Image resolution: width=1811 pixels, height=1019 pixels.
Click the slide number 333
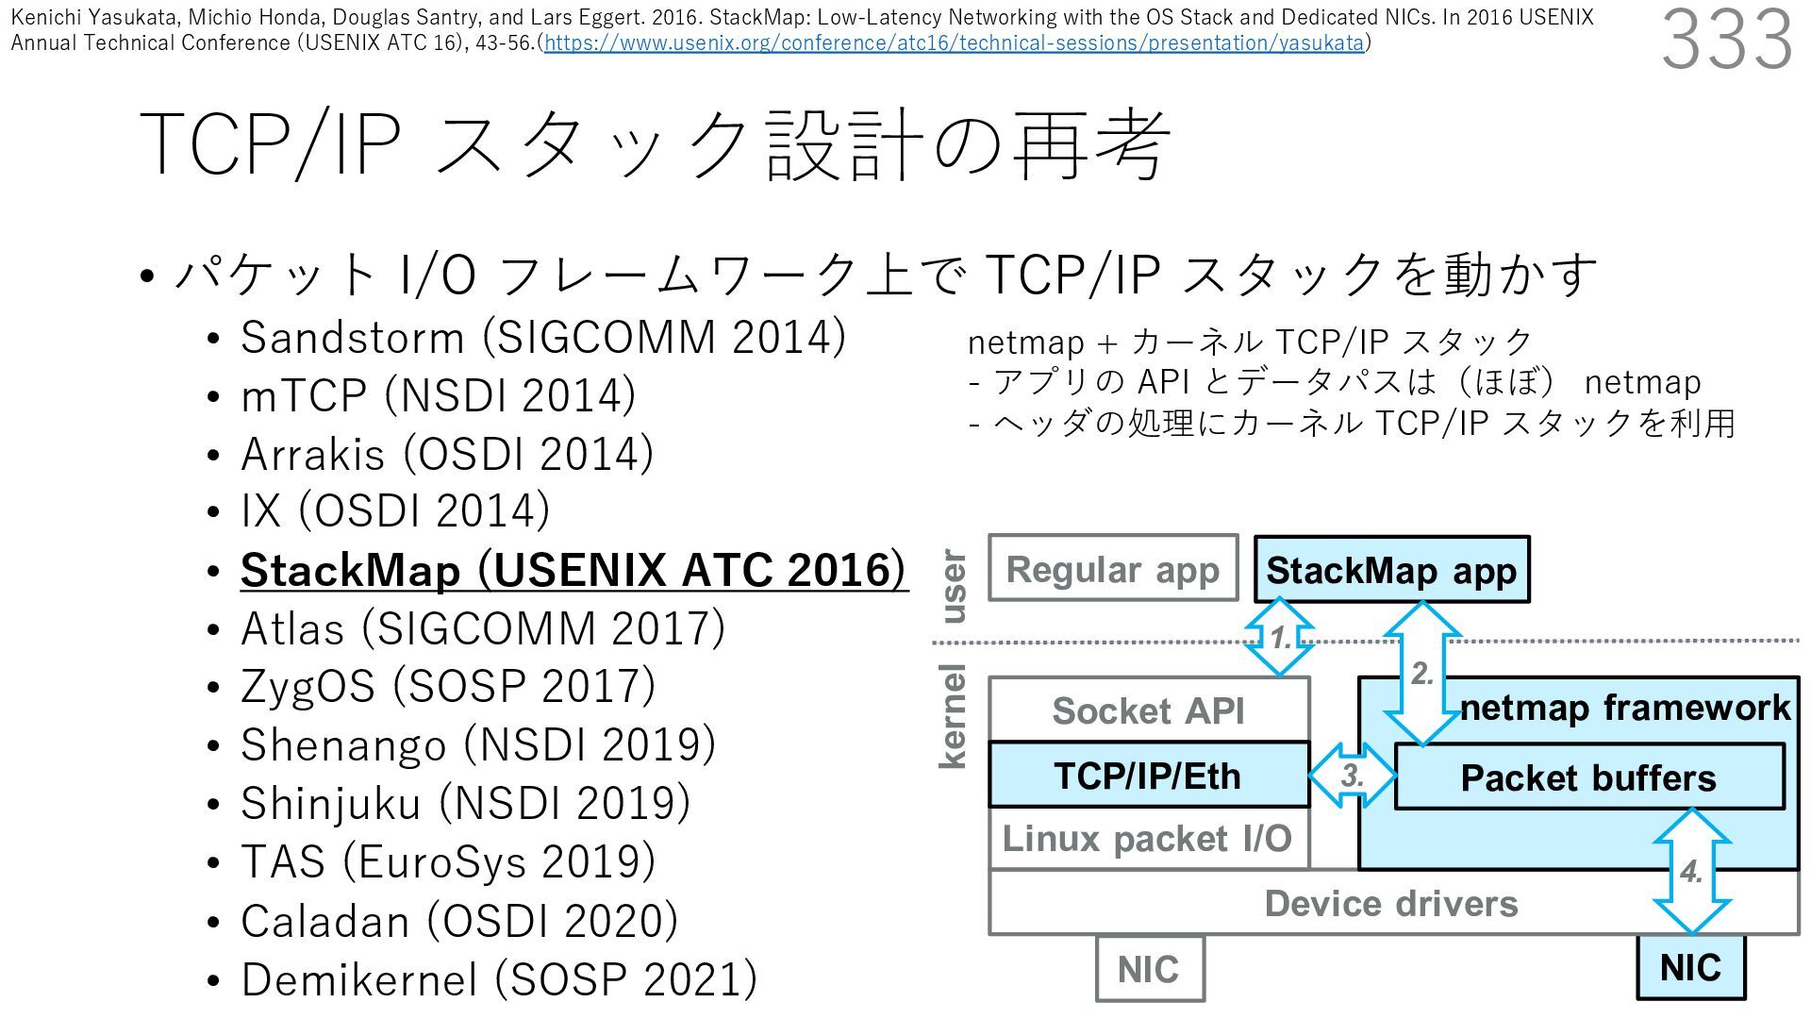(x=1726, y=40)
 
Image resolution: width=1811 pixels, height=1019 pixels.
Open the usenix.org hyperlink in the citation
(x=954, y=43)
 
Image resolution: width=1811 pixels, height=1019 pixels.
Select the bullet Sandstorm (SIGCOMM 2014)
(x=542, y=338)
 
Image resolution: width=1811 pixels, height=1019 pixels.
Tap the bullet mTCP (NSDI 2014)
(x=438, y=395)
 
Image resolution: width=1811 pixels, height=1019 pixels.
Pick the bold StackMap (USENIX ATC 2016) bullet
(x=573, y=570)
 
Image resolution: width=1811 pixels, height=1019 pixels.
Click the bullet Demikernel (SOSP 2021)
(x=498, y=978)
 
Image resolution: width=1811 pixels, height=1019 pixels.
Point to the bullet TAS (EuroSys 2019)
(x=447, y=861)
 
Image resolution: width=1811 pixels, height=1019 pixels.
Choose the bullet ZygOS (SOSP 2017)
(x=447, y=686)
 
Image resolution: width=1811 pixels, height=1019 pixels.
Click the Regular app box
(x=1113, y=569)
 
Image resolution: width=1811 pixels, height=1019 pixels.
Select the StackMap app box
(x=1391, y=570)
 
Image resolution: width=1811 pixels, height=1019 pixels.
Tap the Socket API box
(x=1148, y=710)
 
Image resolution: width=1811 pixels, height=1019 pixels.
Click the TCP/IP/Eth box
(x=1148, y=776)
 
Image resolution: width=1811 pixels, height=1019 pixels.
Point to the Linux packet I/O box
(x=1148, y=839)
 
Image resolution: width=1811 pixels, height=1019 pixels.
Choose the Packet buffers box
(x=1588, y=777)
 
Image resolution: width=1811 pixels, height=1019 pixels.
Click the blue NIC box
(x=1690, y=968)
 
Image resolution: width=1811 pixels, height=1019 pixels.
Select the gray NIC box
(x=1149, y=969)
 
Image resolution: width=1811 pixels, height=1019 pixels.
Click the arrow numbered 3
(x=1353, y=776)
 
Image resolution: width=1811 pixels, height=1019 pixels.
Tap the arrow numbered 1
(x=1280, y=638)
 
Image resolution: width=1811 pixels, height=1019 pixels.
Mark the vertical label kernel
(x=954, y=717)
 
